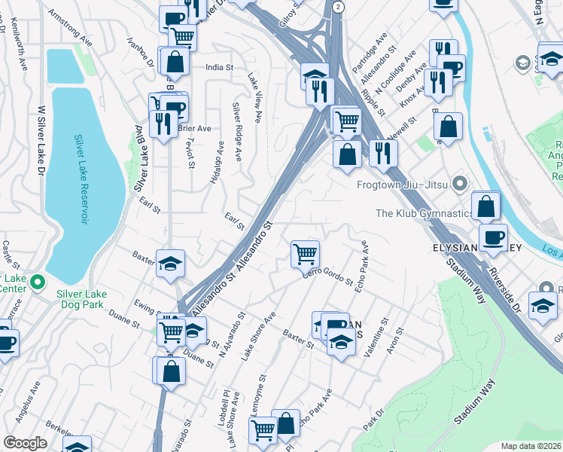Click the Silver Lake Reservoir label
coord(80,179)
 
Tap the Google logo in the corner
coord(25,443)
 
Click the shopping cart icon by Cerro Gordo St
coord(305,254)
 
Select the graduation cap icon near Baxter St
coord(171,263)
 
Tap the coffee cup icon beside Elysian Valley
coord(493,237)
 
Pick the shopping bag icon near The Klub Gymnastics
coord(486,205)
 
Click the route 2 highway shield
coord(339,6)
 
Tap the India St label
coord(219,67)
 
